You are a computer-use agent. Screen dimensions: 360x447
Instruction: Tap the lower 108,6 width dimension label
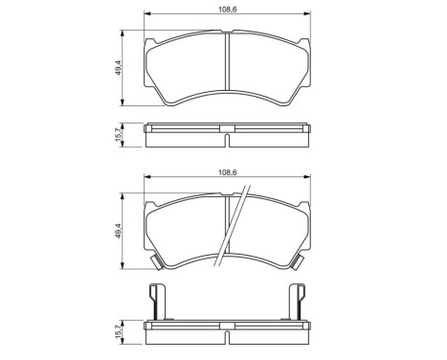[227, 172]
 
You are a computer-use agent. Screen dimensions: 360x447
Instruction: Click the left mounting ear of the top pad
[150, 41]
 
